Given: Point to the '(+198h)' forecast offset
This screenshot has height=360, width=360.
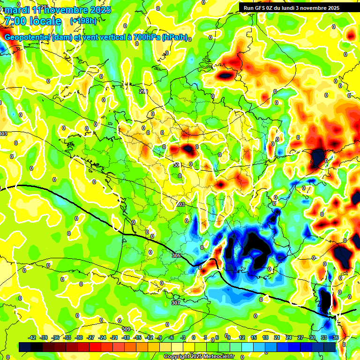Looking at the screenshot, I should tap(83, 21).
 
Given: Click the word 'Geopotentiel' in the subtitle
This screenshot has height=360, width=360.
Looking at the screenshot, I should tap(27, 37).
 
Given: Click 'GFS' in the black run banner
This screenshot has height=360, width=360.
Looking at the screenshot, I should tap(262, 7).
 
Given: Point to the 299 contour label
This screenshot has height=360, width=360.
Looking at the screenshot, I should tap(143, 91).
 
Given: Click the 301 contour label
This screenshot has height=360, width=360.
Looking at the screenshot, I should tap(177, 165).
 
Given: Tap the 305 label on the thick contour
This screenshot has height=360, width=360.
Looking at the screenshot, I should tap(176, 255).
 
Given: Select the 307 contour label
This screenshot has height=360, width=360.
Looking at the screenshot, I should tap(175, 303).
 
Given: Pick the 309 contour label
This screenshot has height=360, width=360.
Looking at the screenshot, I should tap(126, 329).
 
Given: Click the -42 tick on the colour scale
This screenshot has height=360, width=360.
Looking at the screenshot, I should tap(32, 337).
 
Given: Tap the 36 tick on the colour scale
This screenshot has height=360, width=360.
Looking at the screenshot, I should tap(336, 337).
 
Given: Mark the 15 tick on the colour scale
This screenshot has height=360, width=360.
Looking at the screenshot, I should tap(253, 337).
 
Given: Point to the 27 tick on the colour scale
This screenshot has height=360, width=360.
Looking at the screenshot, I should tap(300, 337).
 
